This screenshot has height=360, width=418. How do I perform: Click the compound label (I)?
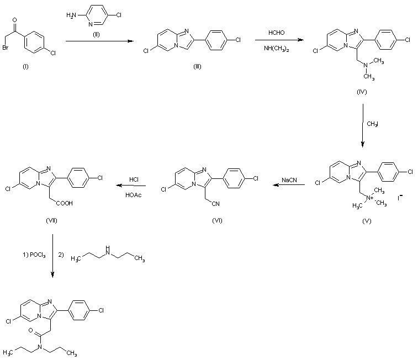[25, 67]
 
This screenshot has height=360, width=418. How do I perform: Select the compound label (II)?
[96, 35]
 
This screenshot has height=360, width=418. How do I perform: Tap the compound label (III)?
[197, 67]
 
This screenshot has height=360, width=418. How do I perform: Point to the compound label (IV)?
[362, 92]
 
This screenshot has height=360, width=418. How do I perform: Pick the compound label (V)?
[367, 221]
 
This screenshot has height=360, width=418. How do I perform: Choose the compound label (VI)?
[217, 221]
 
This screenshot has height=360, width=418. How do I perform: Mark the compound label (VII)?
[52, 221]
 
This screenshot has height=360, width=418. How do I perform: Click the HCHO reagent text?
[277, 33]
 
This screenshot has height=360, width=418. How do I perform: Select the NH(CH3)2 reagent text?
[277, 49]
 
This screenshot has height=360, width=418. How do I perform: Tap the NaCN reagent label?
[289, 180]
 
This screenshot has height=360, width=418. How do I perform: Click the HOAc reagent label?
[133, 195]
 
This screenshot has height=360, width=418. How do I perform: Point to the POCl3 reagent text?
[38, 255]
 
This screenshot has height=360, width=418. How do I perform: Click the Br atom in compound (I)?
[6, 48]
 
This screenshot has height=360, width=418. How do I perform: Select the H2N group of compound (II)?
[71, 15]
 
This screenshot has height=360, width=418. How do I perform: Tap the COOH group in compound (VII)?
[64, 203]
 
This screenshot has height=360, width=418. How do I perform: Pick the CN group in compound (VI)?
[216, 204]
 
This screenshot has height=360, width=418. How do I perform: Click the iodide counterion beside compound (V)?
[400, 198]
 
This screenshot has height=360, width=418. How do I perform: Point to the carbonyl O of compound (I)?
[15, 20]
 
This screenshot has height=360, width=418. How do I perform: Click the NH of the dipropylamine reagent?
[108, 251]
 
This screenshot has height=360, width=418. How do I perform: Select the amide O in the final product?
[30, 330]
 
